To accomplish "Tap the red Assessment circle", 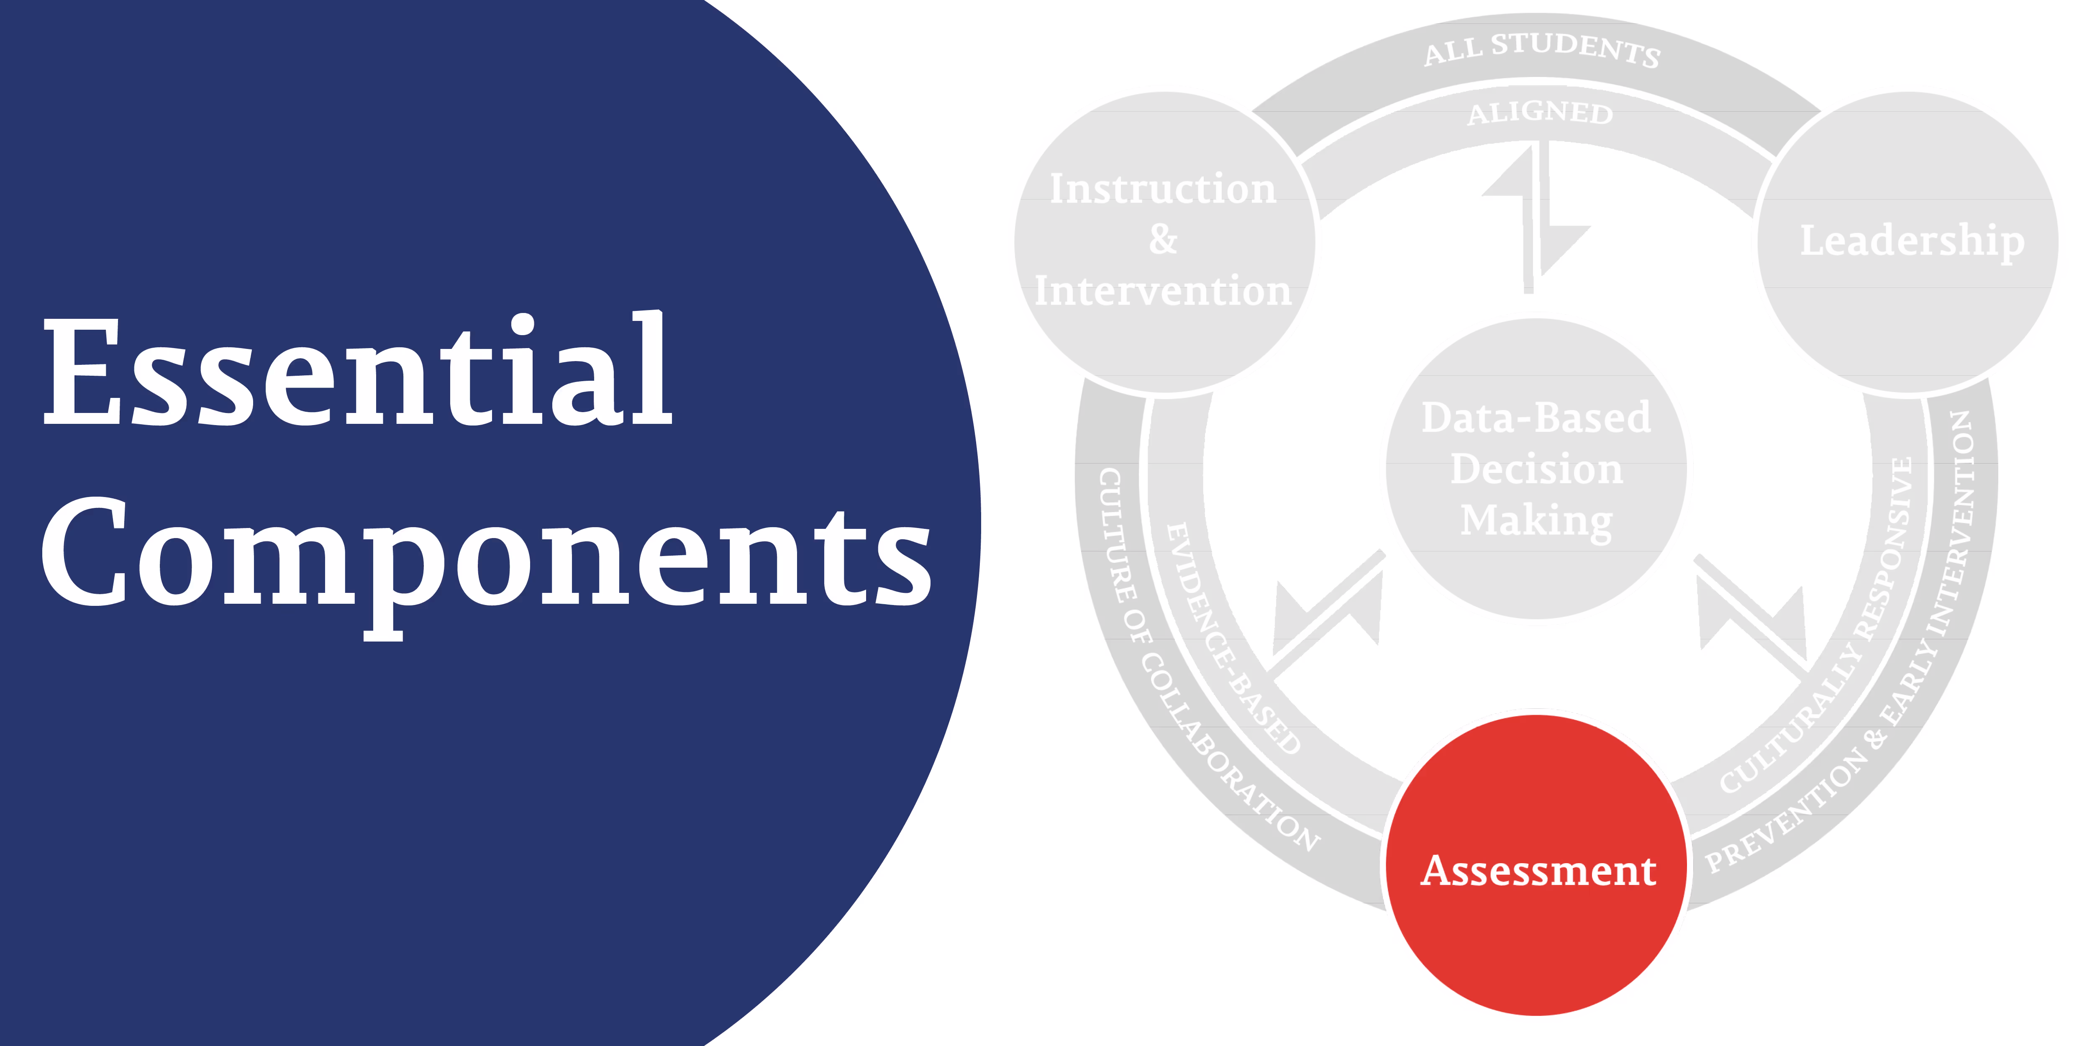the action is point(1537,869).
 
